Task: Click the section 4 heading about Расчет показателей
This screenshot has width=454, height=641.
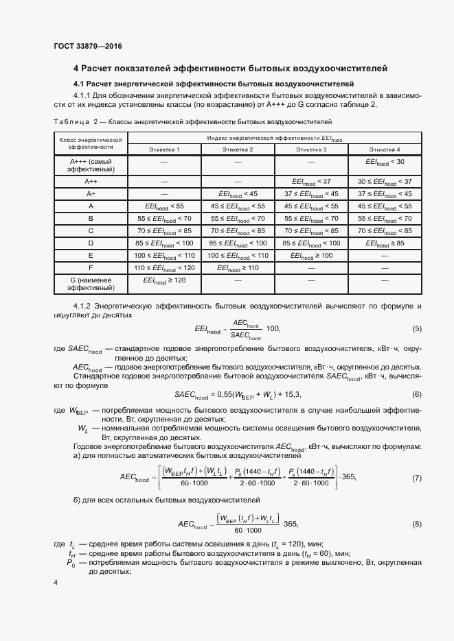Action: pyautogui.click(x=230, y=69)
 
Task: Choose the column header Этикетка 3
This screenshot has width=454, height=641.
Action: pyautogui.click(x=311, y=149)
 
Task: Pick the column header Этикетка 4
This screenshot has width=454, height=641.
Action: pyautogui.click(x=385, y=149)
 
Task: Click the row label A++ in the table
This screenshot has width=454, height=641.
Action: pyautogui.click(x=91, y=182)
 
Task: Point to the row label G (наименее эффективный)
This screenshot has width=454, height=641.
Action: pyautogui.click(x=91, y=285)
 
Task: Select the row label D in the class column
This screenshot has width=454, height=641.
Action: pyautogui.click(x=91, y=243)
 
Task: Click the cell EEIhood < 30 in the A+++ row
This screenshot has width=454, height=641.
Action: pyautogui.click(x=385, y=162)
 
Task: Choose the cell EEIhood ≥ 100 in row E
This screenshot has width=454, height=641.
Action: pyautogui.click(x=311, y=256)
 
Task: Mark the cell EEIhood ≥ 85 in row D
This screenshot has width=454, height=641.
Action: pyautogui.click(x=385, y=243)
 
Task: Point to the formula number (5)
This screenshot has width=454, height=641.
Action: pyautogui.click(x=416, y=329)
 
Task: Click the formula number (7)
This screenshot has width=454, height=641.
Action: pyautogui.click(x=416, y=477)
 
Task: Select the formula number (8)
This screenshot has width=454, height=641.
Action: pyautogui.click(x=416, y=524)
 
